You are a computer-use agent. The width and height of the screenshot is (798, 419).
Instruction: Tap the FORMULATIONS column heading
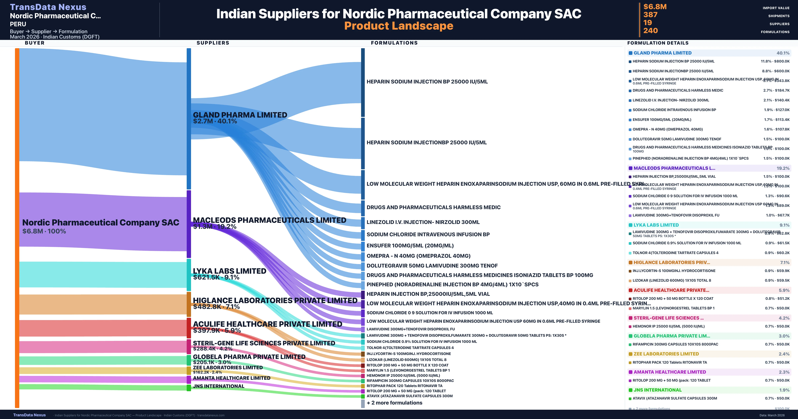(394, 43)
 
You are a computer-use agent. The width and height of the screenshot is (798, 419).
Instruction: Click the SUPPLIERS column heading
(213, 43)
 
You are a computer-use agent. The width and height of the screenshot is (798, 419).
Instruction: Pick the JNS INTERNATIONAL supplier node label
(218, 386)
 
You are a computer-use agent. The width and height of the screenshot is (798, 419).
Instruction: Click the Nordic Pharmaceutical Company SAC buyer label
(101, 222)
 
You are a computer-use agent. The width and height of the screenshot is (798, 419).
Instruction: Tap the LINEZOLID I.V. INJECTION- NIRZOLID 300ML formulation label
(423, 222)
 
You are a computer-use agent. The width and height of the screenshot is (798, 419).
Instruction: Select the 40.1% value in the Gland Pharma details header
(783, 53)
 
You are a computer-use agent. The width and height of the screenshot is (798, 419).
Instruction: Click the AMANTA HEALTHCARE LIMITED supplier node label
(231, 378)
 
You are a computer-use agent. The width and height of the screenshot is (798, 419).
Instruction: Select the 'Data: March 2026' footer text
(772, 415)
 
